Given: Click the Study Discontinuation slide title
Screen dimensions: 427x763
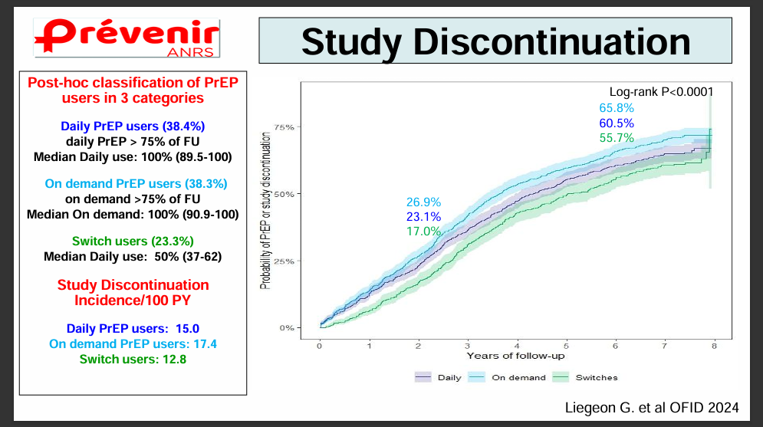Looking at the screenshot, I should [x=495, y=41].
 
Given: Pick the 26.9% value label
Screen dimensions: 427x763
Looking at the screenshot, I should [x=423, y=202].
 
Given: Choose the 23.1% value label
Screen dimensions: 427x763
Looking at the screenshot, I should [x=423, y=217].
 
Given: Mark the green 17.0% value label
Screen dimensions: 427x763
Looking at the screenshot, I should [x=423, y=231].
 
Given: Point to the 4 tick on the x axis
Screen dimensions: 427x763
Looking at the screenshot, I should [x=518, y=345].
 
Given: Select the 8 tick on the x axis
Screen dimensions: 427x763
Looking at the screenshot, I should [x=714, y=345].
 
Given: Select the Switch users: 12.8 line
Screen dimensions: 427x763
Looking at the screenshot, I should [x=132, y=358].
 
